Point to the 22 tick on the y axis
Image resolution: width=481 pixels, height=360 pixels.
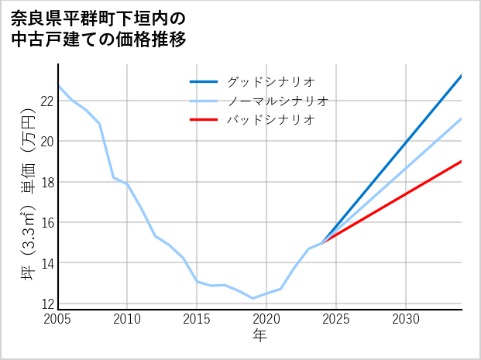tap(46, 101)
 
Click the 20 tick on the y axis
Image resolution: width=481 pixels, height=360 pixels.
tap(46, 142)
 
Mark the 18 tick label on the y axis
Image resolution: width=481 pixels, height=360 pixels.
tap(46, 182)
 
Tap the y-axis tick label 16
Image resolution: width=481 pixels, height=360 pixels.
tap(46, 223)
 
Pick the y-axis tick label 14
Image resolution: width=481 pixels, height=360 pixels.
tap(46, 263)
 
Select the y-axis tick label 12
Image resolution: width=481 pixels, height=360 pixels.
tap(46, 303)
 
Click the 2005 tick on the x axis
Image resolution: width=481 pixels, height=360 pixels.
tap(58, 319)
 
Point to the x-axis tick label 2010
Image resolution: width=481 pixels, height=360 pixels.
tap(127, 319)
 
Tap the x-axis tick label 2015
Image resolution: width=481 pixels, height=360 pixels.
tap(197, 319)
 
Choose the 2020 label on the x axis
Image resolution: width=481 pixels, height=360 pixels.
tap(266, 319)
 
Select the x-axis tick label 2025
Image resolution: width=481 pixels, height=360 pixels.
tap(336, 319)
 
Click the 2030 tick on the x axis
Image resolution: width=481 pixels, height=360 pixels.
tap(406, 319)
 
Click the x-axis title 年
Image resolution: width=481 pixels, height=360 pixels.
tap(259, 336)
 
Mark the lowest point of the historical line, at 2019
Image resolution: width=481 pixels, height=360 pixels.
tap(253, 298)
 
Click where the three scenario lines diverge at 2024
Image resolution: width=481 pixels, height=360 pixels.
tap(322, 243)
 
